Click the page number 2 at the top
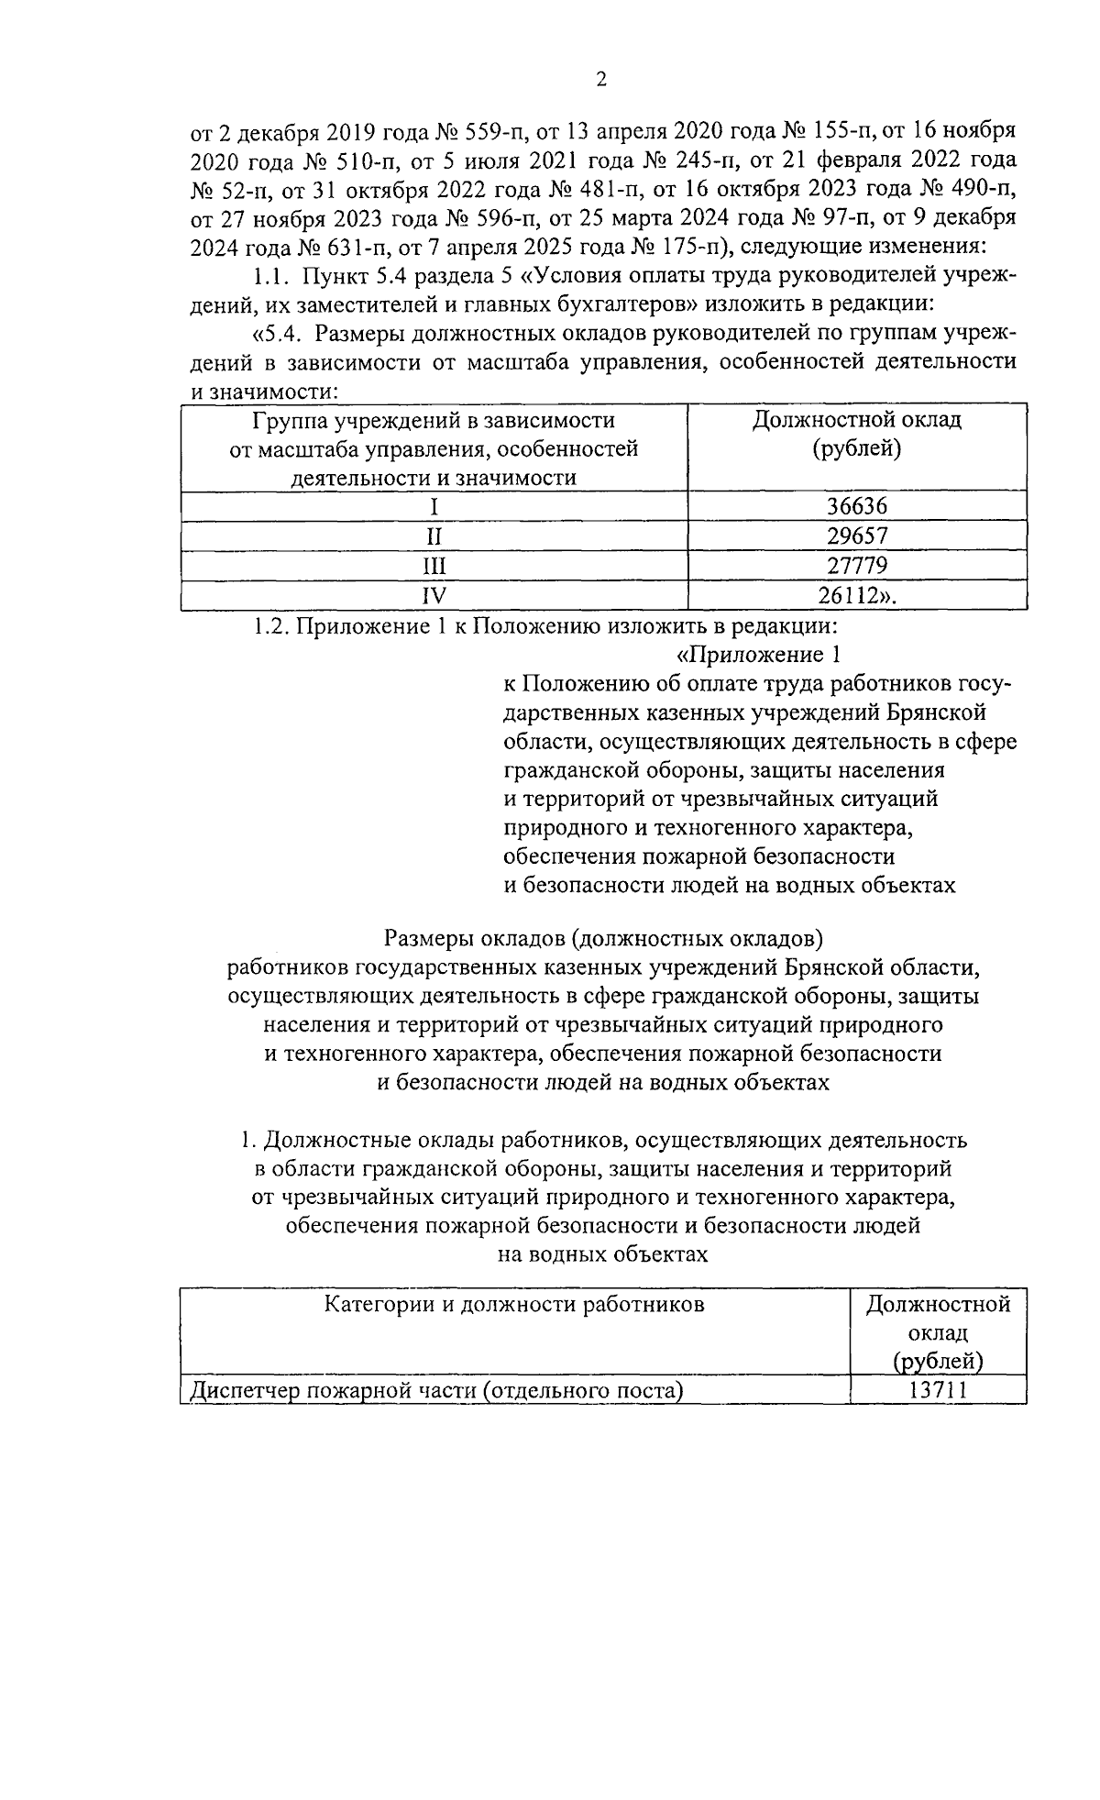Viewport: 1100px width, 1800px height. (600, 80)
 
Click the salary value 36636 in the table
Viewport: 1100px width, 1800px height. (857, 506)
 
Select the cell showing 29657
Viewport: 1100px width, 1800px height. (857, 536)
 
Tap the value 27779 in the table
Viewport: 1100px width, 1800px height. (857, 565)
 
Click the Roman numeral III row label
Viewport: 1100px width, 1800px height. (434, 565)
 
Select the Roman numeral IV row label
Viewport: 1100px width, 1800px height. (434, 595)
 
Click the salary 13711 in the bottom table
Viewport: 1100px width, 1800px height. (938, 1390)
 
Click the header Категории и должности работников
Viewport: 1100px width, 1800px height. (514, 1304)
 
